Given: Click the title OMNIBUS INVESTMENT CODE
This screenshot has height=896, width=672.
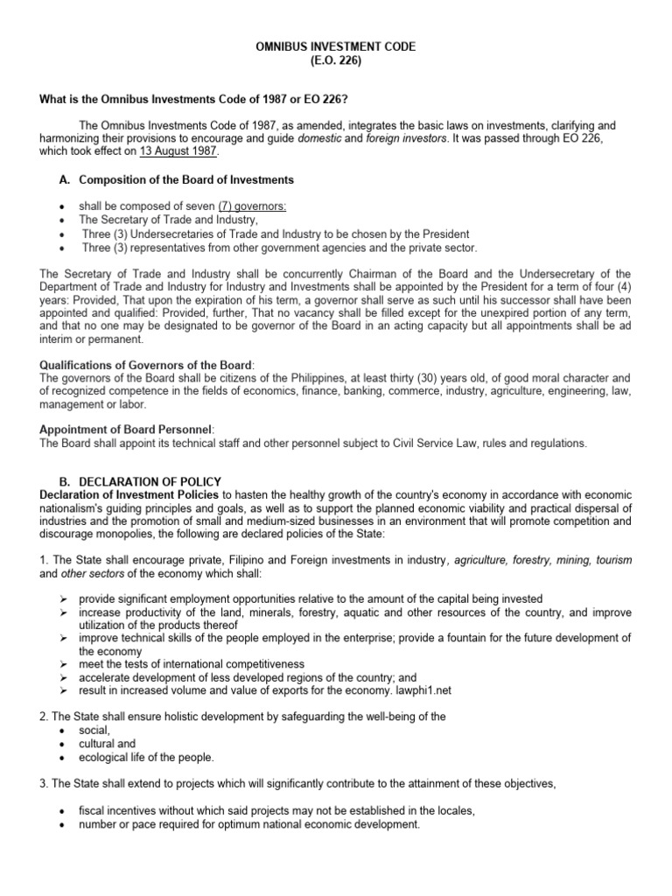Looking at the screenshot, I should (x=335, y=46).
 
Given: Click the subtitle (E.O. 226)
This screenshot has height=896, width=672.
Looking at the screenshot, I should (x=335, y=61).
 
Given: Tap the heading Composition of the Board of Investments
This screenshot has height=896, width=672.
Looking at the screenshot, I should (x=186, y=179).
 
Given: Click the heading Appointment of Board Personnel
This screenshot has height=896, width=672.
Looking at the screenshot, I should (x=127, y=430).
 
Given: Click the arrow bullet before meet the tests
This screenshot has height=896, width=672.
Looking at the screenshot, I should (x=65, y=664).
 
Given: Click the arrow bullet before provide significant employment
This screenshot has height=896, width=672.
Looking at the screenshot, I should (x=65, y=598).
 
